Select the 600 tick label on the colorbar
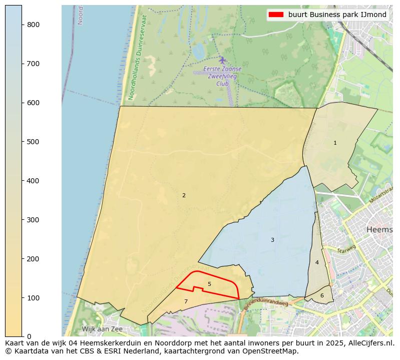tap(33, 103)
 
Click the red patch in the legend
tap(276, 15)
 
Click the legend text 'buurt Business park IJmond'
tap(337, 15)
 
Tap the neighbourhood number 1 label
tap(335, 143)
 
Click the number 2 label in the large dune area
tap(184, 195)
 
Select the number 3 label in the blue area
tap(272, 240)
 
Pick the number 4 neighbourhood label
tap(317, 262)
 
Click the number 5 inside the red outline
tap(209, 284)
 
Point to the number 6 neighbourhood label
tap(322, 295)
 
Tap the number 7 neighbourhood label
tap(186, 301)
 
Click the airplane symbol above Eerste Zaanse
tap(222, 60)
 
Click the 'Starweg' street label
tap(346, 249)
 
